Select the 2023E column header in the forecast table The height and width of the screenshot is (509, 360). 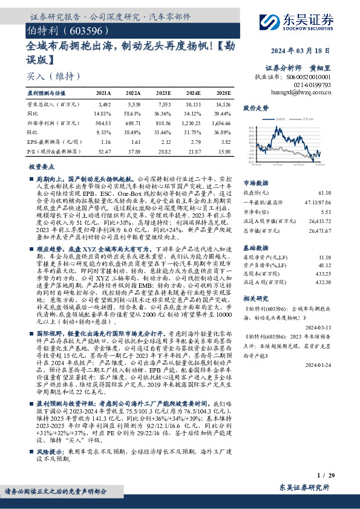pyautogui.click(x=164, y=93)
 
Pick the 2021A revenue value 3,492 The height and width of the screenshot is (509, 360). pyautogui.click(x=103, y=105)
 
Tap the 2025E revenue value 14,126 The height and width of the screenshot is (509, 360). pyautogui.click(x=224, y=105)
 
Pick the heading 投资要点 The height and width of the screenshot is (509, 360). pyautogui.click(x=42, y=166)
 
